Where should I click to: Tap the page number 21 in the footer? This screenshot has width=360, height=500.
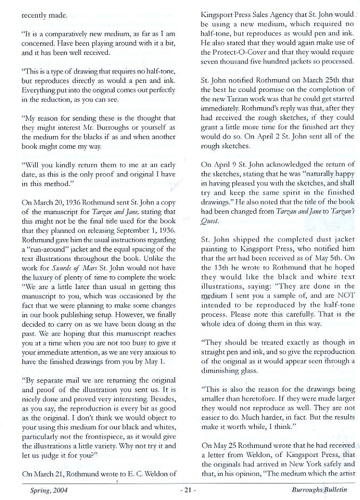184,489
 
